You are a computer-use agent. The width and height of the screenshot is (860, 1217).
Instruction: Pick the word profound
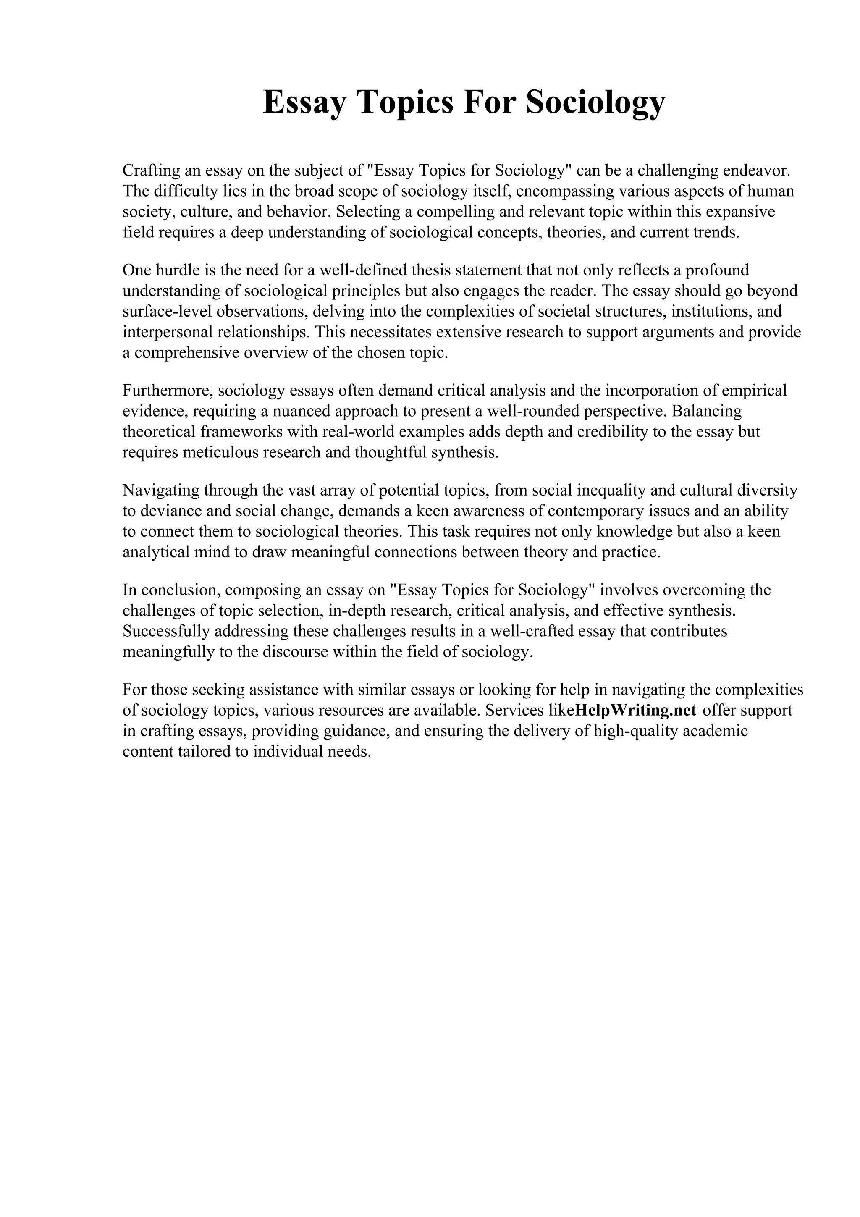[718, 270]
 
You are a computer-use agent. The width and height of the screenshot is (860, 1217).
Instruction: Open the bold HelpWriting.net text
[635, 710]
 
